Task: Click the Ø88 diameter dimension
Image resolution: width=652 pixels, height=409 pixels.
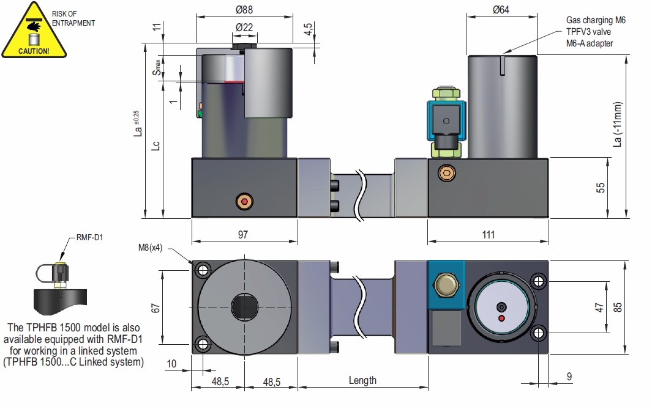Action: pos(243,10)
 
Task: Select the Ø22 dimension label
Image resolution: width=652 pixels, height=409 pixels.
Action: pos(244,28)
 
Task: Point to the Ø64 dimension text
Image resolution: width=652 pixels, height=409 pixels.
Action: pos(501,10)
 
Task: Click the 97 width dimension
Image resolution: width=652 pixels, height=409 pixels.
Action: pos(243,235)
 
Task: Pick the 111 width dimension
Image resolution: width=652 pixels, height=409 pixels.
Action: pos(487,235)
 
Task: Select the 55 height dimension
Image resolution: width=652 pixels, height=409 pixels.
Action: pos(602,188)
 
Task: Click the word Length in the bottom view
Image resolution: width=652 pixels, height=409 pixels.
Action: pos(362,380)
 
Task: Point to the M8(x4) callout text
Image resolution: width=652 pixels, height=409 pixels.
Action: pos(151,248)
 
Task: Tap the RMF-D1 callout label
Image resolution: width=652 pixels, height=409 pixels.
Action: pos(89,238)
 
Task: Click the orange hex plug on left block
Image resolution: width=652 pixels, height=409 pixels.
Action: pos(245,201)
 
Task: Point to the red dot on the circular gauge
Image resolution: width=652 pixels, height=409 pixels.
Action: pos(502,319)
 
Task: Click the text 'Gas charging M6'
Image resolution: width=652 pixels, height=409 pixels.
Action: pos(595,20)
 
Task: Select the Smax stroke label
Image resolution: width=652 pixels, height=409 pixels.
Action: pos(158,67)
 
